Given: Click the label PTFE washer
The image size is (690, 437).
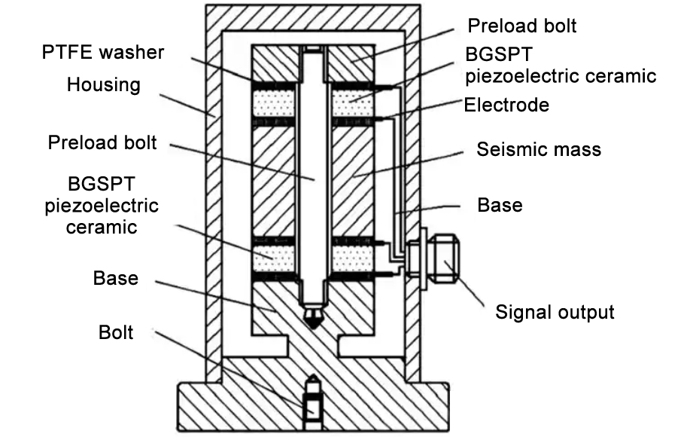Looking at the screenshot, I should point(103,53).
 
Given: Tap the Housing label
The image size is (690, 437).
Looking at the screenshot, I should point(103,84).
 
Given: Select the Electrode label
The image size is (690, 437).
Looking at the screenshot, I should point(506,105).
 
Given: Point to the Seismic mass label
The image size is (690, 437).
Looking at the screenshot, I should point(539,149).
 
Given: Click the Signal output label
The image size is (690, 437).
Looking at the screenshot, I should point(555,311).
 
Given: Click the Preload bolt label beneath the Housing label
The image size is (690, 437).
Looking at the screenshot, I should point(102,142).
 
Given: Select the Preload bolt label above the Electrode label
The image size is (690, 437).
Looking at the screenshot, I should point(521,26).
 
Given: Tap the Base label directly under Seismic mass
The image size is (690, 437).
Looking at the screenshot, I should point(500,205).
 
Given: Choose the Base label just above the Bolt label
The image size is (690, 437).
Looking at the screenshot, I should point(116,278).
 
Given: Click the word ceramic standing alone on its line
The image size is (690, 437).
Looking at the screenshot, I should point(101,226).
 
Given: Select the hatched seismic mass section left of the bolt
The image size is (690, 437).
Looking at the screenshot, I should point(275,181).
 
